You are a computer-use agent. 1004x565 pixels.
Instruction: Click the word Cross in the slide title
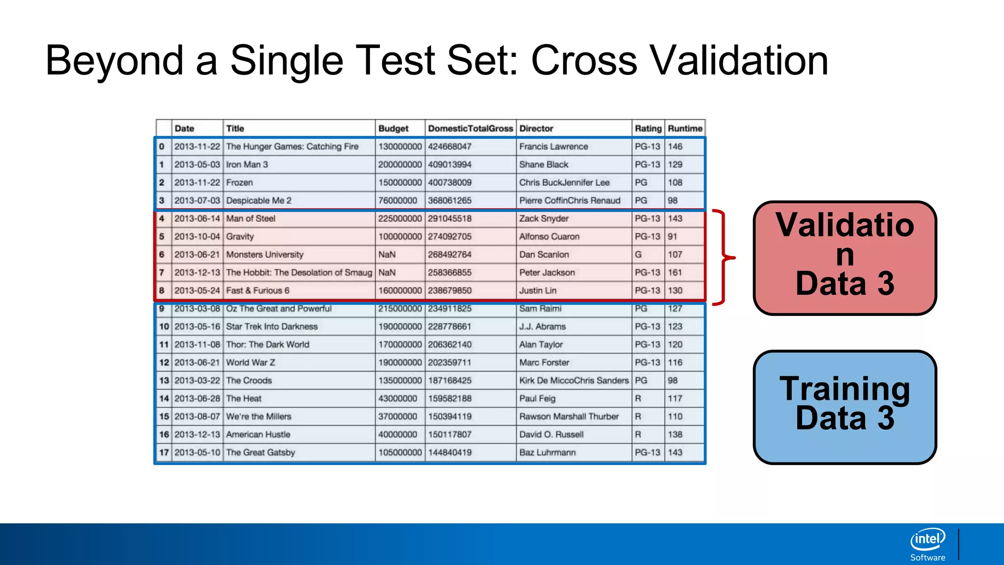point(584,61)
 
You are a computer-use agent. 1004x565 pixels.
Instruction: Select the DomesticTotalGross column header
point(470,128)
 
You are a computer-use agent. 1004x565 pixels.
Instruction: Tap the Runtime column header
point(685,128)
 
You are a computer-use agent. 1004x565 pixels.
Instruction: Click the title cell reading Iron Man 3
point(247,165)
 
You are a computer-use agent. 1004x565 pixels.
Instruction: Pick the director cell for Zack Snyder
point(544,219)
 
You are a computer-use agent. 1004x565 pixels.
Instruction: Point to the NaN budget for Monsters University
point(387,255)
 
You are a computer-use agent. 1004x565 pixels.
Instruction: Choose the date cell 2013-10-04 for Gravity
point(197,236)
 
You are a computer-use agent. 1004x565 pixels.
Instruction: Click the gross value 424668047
point(450,147)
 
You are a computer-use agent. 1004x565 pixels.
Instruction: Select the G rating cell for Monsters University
point(638,255)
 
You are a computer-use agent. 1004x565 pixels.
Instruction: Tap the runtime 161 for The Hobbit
point(675,273)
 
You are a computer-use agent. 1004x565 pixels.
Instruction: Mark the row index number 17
point(164,453)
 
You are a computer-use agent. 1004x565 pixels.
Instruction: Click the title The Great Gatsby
point(260,453)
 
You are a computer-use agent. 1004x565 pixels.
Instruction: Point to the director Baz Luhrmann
point(548,453)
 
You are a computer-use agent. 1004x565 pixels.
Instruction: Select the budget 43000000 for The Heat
point(398,399)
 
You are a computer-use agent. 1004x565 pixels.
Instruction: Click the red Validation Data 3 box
point(845,257)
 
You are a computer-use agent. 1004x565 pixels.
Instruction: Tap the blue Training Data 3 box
point(845,407)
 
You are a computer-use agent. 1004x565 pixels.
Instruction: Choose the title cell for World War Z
point(251,363)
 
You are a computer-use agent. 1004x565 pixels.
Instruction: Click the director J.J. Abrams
point(542,327)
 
